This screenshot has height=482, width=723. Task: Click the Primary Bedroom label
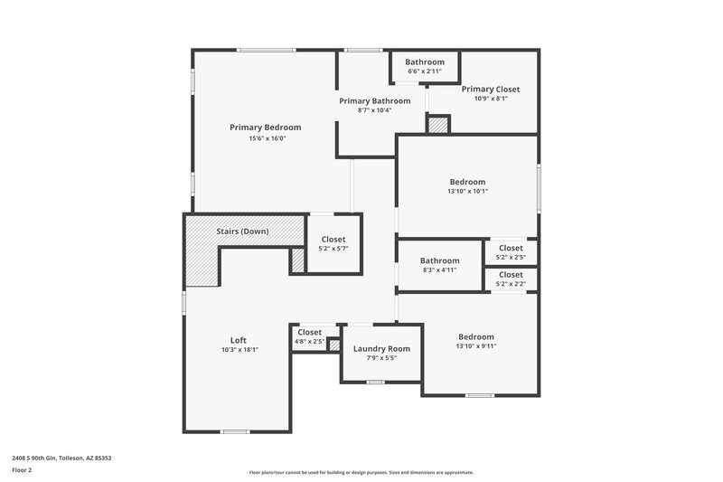pos(265,128)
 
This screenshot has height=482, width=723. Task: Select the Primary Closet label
pos(491,89)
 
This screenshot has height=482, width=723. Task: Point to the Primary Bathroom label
pos(374,100)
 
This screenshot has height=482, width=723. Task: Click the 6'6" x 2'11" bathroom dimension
pos(424,71)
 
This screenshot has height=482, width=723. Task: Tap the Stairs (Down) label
pos(242,232)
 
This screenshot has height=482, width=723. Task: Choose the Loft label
pos(239,340)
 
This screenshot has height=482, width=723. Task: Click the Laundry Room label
pos(381,348)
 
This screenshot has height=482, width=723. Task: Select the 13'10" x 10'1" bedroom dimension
pos(467,192)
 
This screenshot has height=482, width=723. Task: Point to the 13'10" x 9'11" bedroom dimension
pos(475,346)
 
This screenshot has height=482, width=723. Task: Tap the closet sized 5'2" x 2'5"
pos(511,252)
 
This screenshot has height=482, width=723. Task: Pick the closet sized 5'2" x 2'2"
pos(511,279)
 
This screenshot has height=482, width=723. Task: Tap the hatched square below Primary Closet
pos(438,125)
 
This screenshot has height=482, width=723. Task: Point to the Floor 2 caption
pos(22,470)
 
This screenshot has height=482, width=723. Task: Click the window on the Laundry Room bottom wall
pos(376,383)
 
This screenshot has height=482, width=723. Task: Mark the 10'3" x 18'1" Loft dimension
pos(239,350)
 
